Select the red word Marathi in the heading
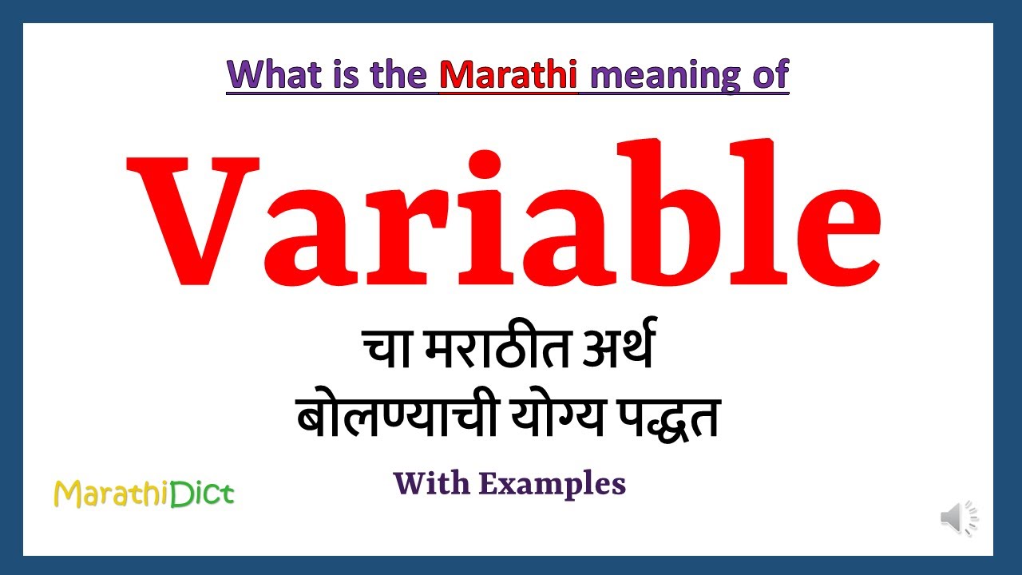click(x=509, y=75)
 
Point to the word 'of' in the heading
click(x=770, y=75)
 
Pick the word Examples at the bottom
click(x=554, y=484)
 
